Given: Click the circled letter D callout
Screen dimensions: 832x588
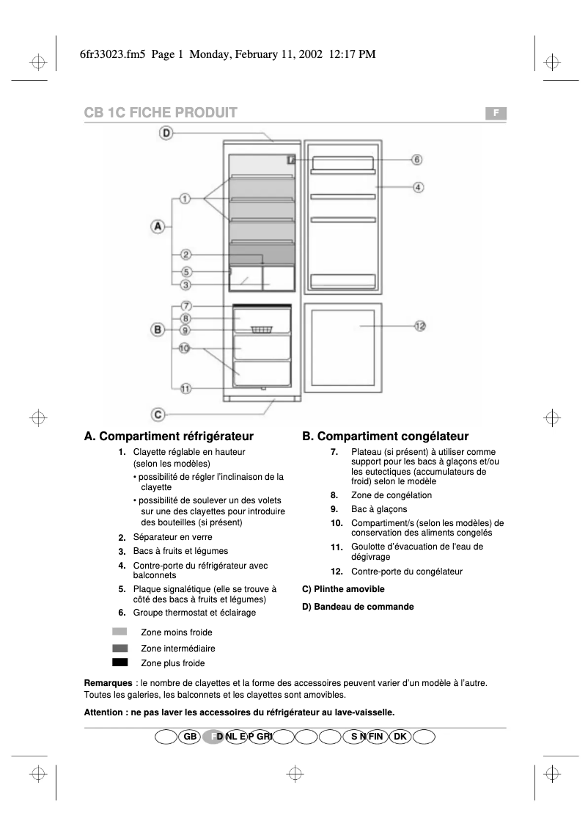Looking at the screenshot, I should pos(166,133).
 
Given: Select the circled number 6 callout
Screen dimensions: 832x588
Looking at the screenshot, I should pos(416,159).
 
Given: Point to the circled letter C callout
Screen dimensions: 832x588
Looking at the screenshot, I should pos(157,413).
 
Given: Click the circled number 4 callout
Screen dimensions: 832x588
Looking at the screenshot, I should pos(417,187).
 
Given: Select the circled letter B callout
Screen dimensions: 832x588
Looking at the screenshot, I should pos(157,329).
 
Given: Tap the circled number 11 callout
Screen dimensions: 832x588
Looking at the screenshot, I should pos(185,389).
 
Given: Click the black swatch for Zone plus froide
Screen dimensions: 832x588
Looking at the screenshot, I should pos(120,663).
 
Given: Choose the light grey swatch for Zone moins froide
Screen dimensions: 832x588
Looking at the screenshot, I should pos(120,632).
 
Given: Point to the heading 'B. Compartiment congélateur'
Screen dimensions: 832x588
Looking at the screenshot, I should pos(385,437).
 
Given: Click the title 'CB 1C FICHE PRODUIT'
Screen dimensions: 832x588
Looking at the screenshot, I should pos(161,112).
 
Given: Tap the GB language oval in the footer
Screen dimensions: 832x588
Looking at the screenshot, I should pos(189,736).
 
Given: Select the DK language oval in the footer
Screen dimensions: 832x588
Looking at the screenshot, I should pos(400,736).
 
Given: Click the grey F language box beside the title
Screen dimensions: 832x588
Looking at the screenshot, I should pos(496,113).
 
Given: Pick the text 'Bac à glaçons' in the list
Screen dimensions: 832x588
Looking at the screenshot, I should pos(379,509).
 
